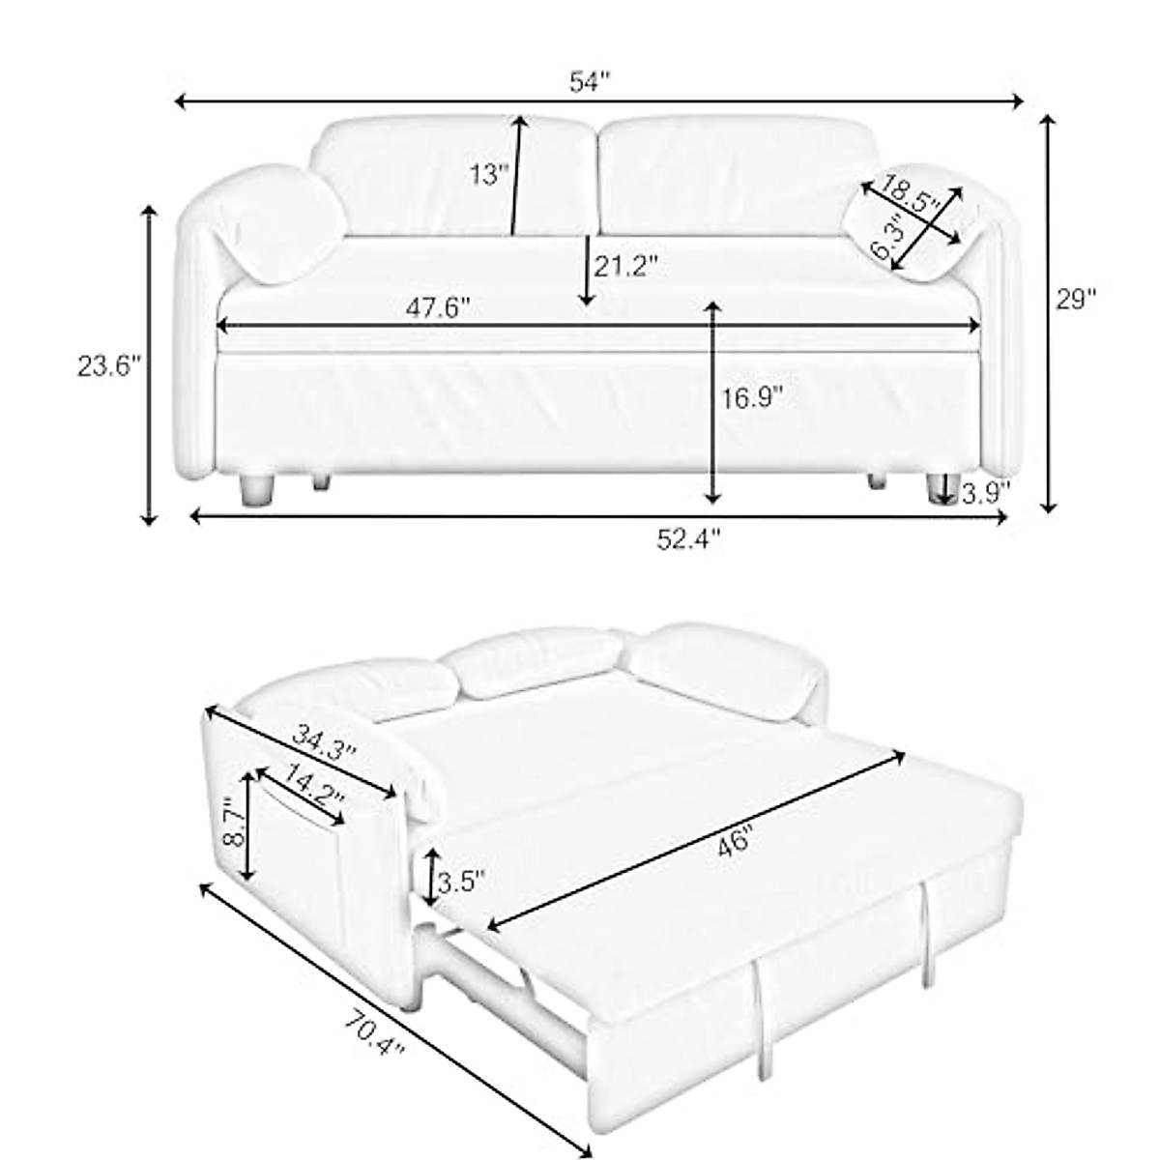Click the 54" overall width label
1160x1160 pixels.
tap(593, 82)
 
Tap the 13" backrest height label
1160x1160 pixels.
tap(488, 175)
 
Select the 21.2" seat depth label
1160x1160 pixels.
tap(625, 266)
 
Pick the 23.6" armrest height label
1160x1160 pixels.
tap(109, 366)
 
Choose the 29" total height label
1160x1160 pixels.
tap(1075, 300)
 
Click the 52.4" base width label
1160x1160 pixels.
tap(688, 540)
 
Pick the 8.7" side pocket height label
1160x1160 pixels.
tap(232, 822)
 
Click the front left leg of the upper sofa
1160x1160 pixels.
tap(256, 489)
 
